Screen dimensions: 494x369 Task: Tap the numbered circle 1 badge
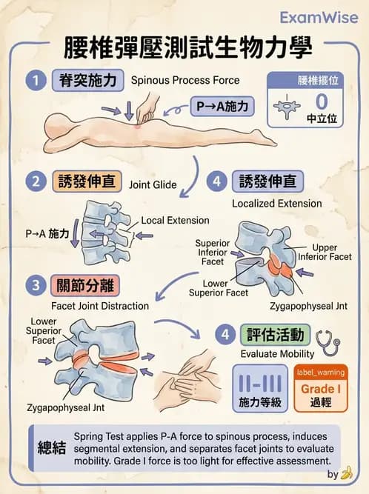33,80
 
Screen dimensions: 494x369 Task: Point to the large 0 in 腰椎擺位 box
321,100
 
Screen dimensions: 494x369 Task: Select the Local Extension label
175,221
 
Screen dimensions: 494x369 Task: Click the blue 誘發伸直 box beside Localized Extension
267,181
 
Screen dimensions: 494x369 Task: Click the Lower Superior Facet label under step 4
217,287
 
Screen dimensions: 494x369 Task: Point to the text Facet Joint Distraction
99,306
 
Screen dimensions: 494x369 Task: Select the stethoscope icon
327,342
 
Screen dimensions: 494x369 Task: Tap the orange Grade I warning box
320,387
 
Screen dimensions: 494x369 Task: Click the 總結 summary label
52,448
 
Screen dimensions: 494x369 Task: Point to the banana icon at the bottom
345,473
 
